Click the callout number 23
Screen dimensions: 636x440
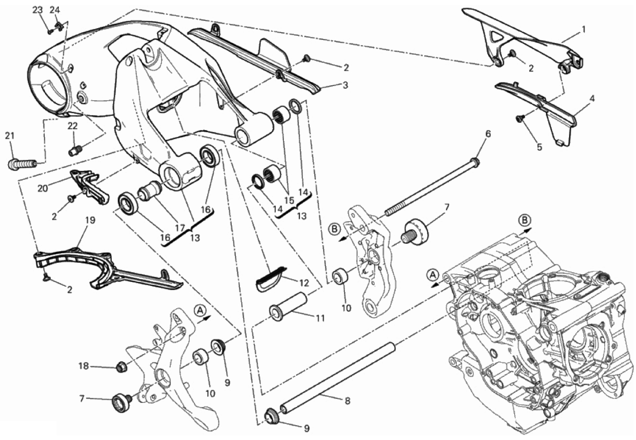point(37,10)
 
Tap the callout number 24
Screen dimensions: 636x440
point(55,10)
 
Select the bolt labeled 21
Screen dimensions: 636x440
point(23,164)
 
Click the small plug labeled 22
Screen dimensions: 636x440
point(75,150)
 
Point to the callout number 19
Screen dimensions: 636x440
point(90,220)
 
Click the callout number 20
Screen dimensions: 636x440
point(43,188)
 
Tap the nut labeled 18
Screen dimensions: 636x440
point(121,367)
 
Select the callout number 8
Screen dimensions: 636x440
point(348,401)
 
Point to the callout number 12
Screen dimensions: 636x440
point(304,283)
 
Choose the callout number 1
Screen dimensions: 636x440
point(583,29)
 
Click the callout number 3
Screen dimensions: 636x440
point(345,85)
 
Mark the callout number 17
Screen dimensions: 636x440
point(180,228)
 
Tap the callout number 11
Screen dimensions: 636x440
point(320,319)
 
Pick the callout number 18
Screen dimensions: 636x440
point(84,366)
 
